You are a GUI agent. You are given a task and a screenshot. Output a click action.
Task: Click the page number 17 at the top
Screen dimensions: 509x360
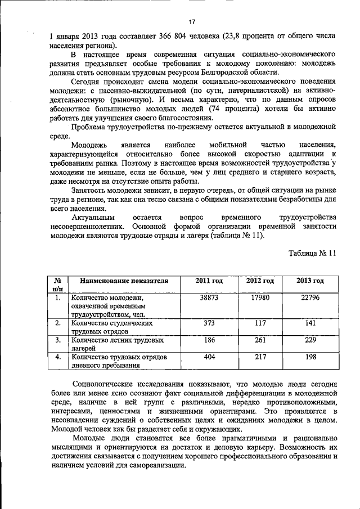(x=192, y=21)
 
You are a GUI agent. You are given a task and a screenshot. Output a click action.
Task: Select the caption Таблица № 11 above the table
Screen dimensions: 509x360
(x=312, y=253)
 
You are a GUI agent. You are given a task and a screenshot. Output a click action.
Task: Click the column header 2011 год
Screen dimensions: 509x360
(x=209, y=281)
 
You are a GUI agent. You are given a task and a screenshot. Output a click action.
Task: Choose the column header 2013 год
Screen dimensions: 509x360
(x=310, y=281)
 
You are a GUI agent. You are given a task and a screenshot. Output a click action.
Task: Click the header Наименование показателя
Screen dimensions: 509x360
(x=124, y=281)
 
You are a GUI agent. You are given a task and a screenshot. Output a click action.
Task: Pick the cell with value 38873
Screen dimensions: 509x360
(x=209, y=298)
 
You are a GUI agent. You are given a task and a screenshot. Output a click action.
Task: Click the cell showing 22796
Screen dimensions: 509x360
(x=310, y=298)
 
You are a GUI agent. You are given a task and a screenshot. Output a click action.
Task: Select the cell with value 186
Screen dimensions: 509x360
(x=209, y=340)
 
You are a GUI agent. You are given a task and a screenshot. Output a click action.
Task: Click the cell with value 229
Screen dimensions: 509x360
(x=310, y=340)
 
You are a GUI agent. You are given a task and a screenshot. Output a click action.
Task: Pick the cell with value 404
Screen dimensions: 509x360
(x=209, y=357)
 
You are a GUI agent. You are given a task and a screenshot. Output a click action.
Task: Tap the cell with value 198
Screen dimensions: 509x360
(x=310, y=357)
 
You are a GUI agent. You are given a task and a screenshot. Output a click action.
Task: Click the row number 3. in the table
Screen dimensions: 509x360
(x=57, y=340)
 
